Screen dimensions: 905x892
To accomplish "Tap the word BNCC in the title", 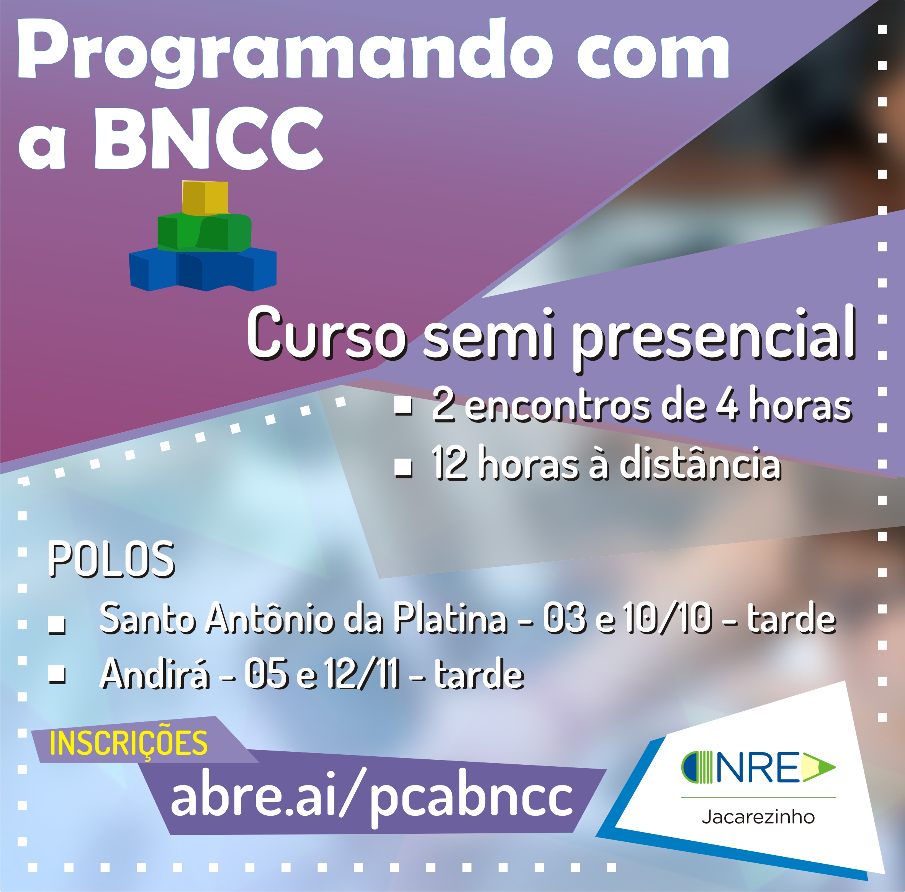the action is (209, 139).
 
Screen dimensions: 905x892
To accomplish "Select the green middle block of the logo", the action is (204, 232).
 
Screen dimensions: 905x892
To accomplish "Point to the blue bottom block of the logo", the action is (203, 269).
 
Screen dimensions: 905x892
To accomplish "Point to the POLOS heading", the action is (111, 559).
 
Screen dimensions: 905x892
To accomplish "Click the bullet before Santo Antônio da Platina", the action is (57, 626).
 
